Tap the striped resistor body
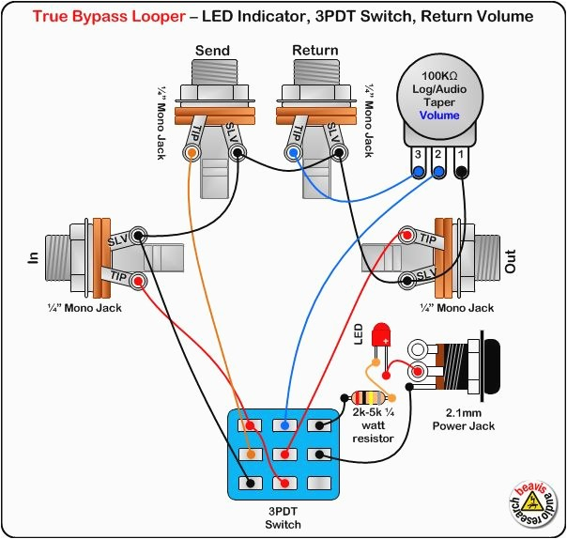click(x=365, y=398)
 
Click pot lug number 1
click(x=461, y=171)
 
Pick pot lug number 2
click(x=439, y=171)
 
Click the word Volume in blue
click(x=439, y=115)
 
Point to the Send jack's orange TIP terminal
click(x=192, y=152)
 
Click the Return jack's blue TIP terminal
click(x=295, y=152)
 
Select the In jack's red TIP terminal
click(x=138, y=280)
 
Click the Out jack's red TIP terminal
click(x=406, y=234)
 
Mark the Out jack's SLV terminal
click(x=406, y=279)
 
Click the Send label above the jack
click(x=212, y=50)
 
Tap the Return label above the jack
click(x=315, y=50)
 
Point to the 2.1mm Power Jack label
click(x=463, y=419)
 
